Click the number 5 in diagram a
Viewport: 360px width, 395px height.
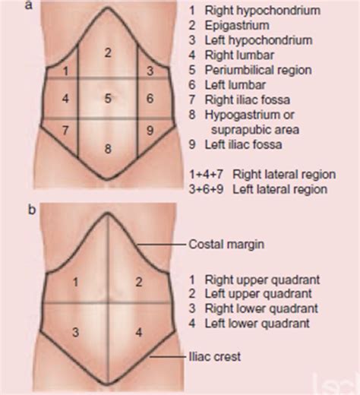tap(108, 98)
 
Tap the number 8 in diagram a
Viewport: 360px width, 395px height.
tap(108, 149)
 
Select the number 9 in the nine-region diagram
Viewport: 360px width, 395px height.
tap(150, 131)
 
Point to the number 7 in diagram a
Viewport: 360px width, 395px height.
tap(65, 131)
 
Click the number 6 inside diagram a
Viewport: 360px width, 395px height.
tap(150, 98)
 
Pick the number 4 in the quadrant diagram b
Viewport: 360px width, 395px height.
tap(139, 332)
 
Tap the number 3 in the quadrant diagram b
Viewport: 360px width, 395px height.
tap(75, 332)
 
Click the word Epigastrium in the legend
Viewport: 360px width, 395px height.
tap(237, 26)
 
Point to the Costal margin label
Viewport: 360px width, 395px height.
tap(226, 245)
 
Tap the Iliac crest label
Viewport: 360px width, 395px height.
tap(215, 357)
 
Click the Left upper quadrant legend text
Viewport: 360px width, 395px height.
tap(258, 294)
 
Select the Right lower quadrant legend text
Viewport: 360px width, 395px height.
tap(261, 308)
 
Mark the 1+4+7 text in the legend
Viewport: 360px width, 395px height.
tap(206, 175)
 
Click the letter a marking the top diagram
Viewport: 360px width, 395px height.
tap(29, 5)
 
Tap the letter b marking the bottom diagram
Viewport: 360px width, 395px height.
tap(32, 210)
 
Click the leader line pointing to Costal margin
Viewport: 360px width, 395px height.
tap(162, 245)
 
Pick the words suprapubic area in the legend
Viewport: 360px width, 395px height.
tap(255, 130)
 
